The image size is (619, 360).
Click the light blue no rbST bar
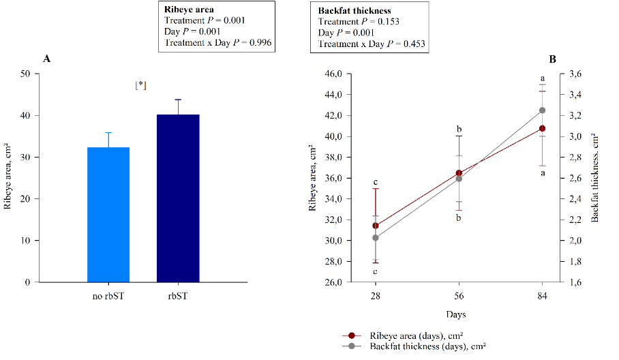pyautogui.click(x=108, y=215)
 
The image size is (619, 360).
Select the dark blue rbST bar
pyautogui.click(x=177, y=198)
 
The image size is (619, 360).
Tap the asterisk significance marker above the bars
pyautogui.click(x=140, y=85)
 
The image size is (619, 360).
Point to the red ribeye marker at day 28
pyautogui.click(x=376, y=226)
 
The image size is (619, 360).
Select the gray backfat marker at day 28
pyautogui.click(x=376, y=238)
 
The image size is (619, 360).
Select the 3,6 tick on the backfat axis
pyautogui.click(x=575, y=74)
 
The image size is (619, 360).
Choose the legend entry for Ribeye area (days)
pyautogui.click(x=416, y=335)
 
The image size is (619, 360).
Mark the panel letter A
pyautogui.click(x=46, y=59)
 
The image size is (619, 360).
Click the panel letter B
pyautogui.click(x=552, y=59)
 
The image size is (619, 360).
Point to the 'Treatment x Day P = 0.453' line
pyautogui.click(x=372, y=44)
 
